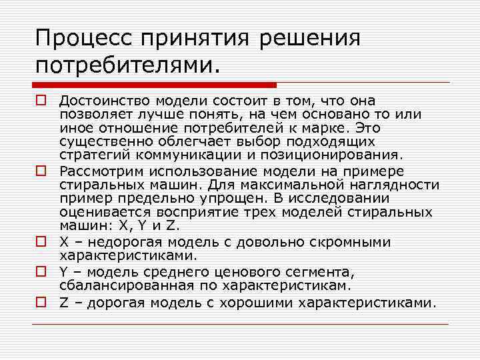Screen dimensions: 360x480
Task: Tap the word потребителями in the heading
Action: (123, 66)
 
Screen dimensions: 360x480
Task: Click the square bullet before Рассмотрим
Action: (41, 171)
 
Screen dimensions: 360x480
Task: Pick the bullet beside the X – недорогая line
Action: (41, 241)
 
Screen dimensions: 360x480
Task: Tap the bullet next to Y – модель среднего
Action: (41, 272)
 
